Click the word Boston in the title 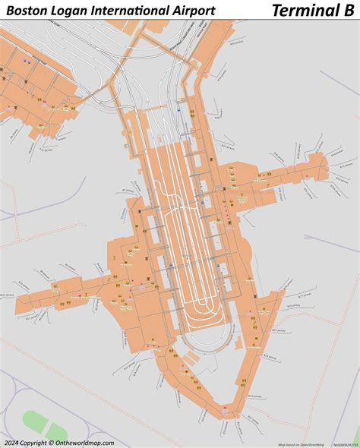[x=25, y=10]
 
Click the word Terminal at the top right [x=303, y=10]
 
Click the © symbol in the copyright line [x=50, y=443]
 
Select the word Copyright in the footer [x=33, y=443]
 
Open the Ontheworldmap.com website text [x=84, y=443]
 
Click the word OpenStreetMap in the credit [x=312, y=444]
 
